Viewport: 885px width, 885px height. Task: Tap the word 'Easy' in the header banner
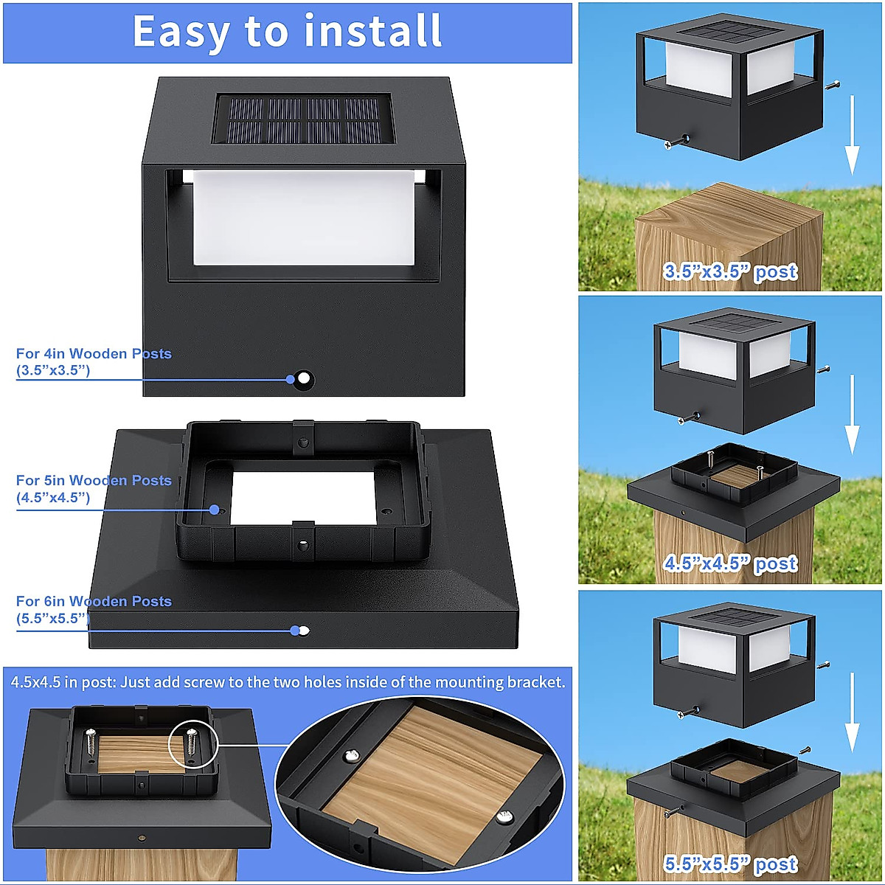181,32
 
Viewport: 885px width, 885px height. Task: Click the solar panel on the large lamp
302,119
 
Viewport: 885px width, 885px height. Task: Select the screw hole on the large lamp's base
304,380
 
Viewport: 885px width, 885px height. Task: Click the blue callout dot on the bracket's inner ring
215,510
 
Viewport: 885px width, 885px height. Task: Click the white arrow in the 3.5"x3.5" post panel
852,136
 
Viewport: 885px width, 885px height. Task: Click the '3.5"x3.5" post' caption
731,272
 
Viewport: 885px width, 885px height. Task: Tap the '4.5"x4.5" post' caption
731,564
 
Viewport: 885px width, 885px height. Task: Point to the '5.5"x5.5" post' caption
731,864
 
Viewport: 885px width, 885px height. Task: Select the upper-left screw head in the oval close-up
353,756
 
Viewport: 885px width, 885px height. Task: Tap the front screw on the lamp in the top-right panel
676,142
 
